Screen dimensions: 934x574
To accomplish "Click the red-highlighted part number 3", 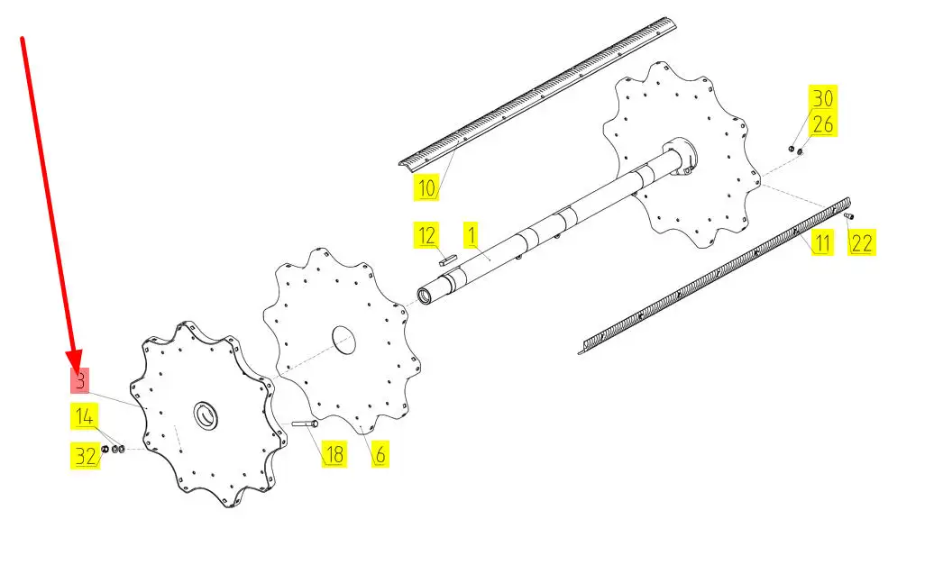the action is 80,380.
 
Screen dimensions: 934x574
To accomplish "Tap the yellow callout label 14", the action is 84,416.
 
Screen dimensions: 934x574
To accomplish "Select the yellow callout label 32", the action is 85,456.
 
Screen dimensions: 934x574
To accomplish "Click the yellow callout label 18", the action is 334,454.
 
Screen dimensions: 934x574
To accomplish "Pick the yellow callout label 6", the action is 380,454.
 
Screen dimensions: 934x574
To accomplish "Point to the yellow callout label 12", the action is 426,235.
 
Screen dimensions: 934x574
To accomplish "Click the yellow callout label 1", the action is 472,235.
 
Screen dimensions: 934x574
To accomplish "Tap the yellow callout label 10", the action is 426,187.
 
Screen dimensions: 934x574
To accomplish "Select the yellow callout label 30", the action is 822,97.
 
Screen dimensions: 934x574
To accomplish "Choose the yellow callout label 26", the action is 822,123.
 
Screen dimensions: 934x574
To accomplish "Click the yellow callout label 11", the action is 822,243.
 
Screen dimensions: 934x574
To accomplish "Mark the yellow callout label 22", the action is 861,243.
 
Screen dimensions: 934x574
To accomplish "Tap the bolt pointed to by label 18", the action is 305,424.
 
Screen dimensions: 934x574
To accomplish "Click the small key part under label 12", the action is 448,259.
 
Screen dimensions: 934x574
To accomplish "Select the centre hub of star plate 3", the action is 206,415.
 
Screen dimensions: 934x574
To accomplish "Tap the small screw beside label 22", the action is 849,215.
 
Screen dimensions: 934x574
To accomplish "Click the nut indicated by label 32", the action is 105,449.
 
